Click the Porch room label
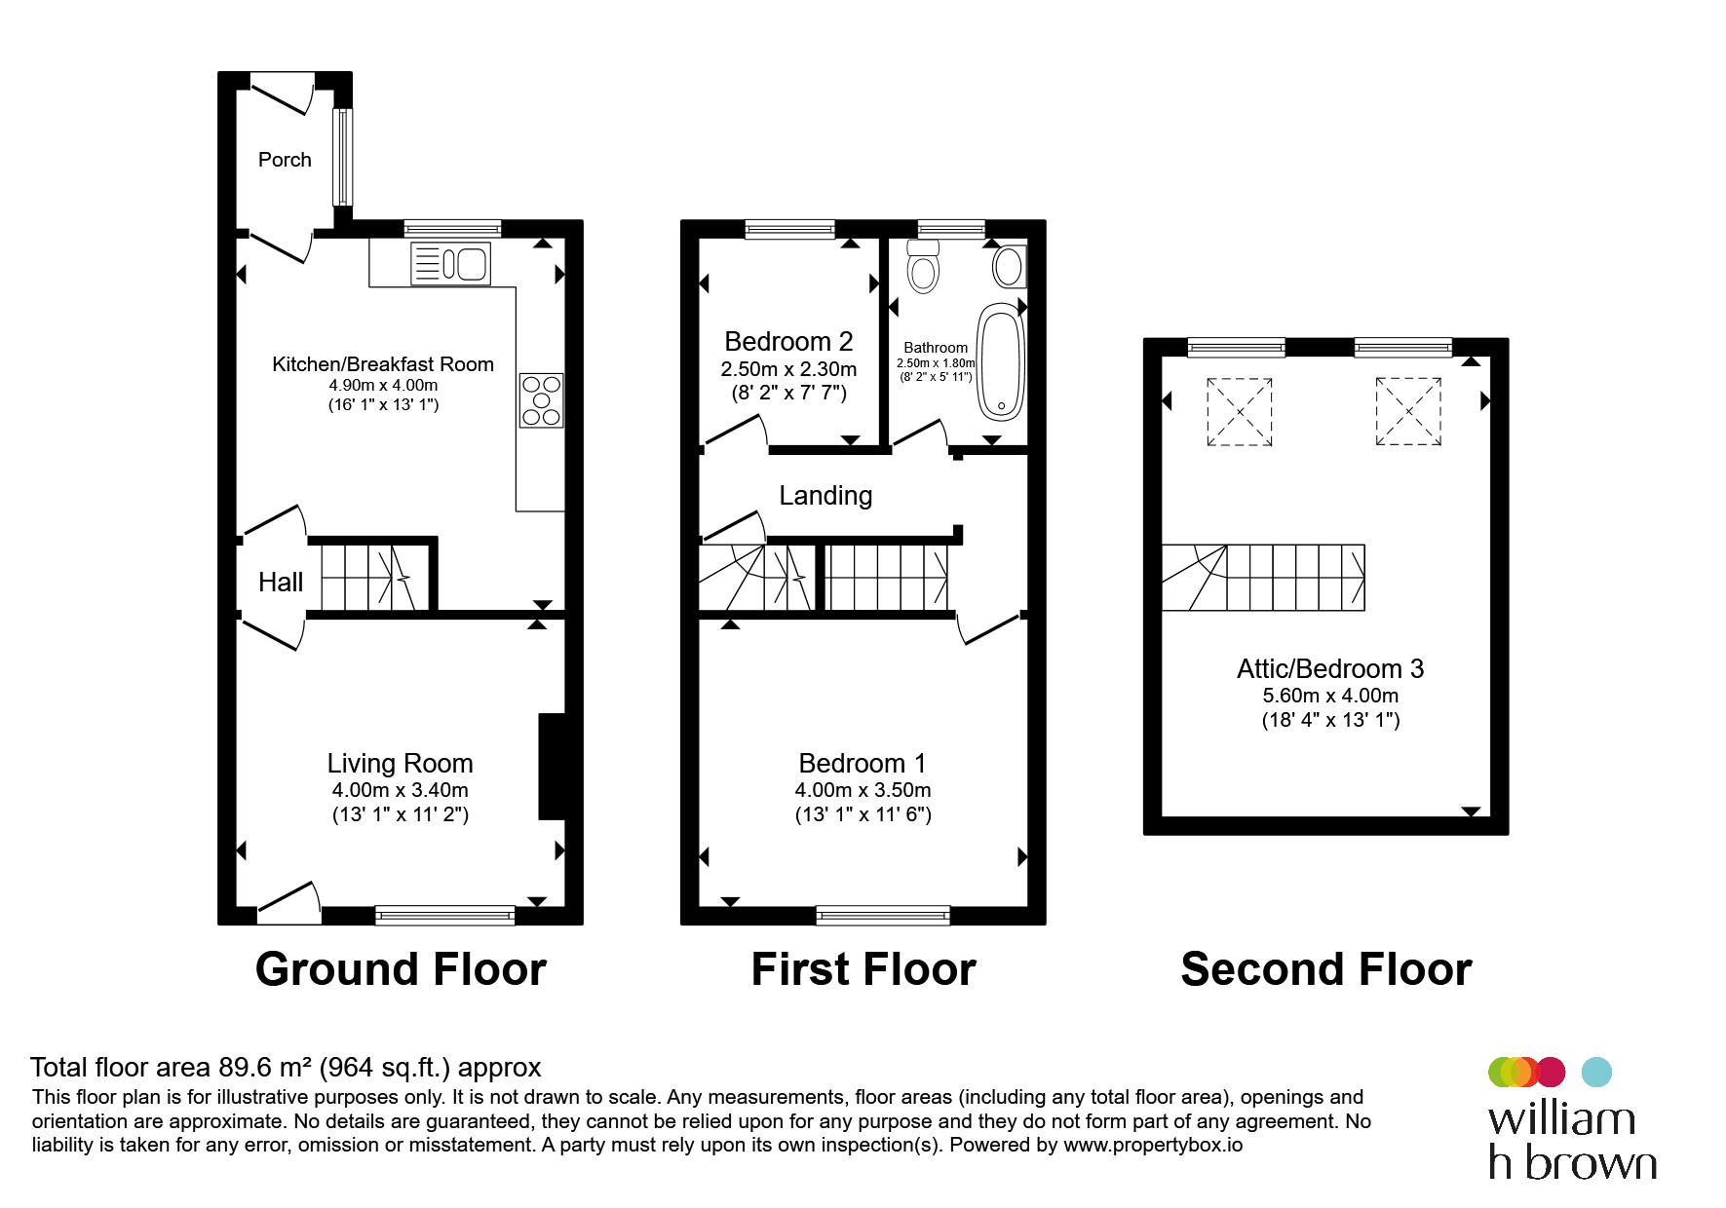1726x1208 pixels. (x=285, y=160)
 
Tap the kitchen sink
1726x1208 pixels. (x=450, y=263)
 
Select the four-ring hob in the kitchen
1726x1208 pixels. (x=542, y=400)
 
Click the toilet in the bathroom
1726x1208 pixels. (x=922, y=266)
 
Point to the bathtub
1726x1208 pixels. (x=1002, y=361)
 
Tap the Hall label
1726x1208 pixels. (x=281, y=583)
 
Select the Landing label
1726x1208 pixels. (x=825, y=496)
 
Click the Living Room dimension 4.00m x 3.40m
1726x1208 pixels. (x=400, y=790)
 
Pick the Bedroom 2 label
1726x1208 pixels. (x=788, y=342)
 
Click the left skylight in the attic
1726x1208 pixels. (x=1240, y=412)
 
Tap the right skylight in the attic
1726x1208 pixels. (x=1408, y=411)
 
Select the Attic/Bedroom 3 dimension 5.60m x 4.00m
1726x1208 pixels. (x=1330, y=696)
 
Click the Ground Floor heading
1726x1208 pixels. (x=401, y=969)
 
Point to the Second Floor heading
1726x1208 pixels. (x=1326, y=969)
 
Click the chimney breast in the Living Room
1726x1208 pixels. (x=553, y=767)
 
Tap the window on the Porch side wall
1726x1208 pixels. (x=343, y=157)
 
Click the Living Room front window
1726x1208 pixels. (x=444, y=915)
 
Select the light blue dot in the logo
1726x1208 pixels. (x=1595, y=1072)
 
